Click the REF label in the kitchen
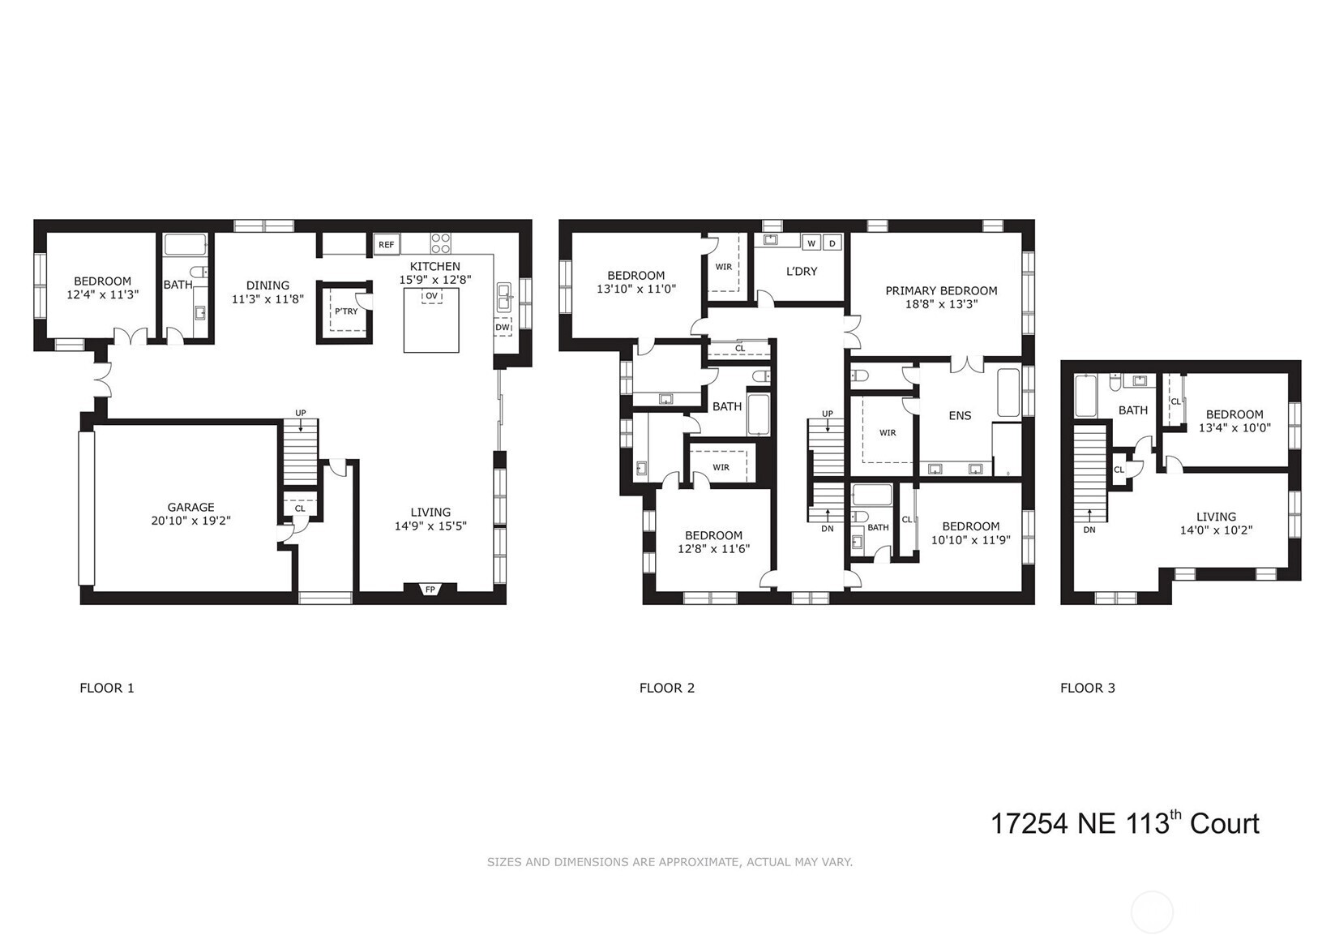(387, 244)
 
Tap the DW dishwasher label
(503, 328)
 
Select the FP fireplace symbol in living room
(430, 590)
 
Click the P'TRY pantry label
(346, 311)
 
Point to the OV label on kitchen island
(431, 296)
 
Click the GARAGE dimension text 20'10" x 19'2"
(191, 521)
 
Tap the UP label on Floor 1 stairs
(301, 413)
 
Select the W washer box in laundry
(811, 243)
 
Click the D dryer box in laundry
(832, 243)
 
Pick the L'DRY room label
(802, 271)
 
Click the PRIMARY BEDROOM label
(941, 290)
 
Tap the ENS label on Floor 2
(960, 415)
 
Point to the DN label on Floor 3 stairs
(1089, 530)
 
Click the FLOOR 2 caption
(666, 688)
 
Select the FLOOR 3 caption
(1087, 688)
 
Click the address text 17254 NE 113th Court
(1124, 824)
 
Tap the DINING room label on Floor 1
(267, 285)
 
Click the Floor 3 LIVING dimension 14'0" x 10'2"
(1216, 530)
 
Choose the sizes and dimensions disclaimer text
(670, 862)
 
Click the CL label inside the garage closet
(300, 508)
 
